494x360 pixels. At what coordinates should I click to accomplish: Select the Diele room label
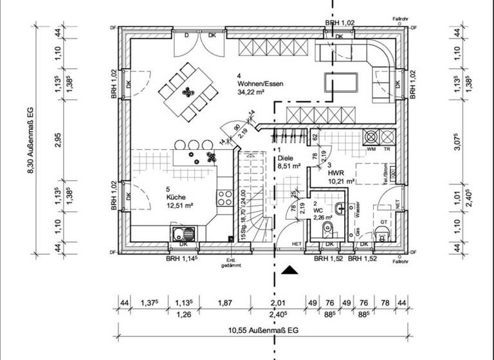[x=286, y=157]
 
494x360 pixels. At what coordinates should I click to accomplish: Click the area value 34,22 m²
[x=252, y=93]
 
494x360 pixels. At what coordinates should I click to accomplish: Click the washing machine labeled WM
[x=371, y=137]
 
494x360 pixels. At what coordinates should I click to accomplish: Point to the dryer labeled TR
[x=387, y=137]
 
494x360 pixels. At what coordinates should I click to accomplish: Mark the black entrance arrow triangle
[x=291, y=270]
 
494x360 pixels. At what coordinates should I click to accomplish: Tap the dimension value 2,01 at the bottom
[x=277, y=303]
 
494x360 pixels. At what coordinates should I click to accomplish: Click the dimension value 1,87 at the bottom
[x=224, y=303]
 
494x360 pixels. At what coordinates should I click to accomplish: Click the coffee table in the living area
[x=341, y=83]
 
